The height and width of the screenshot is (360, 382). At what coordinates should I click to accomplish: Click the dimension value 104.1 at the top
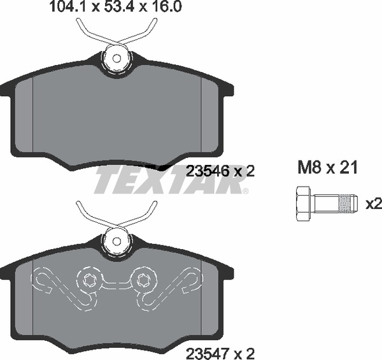point(67,6)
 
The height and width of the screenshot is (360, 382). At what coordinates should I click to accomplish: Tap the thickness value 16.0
point(167,6)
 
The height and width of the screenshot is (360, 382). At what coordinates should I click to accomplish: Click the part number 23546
point(208,171)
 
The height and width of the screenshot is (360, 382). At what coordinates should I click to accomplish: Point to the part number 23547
point(208,353)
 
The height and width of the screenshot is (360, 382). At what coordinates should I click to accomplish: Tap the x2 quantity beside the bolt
point(374,204)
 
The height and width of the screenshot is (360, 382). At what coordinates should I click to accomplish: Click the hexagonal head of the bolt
point(303,204)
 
